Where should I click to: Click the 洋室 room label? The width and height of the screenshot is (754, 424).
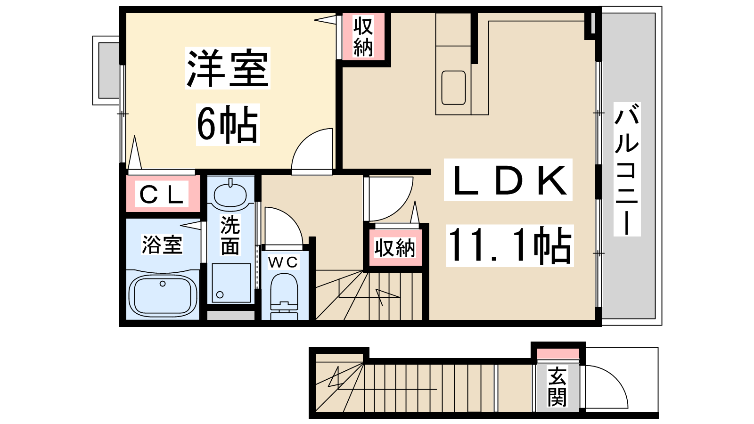228,68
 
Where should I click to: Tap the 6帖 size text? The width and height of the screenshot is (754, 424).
228,124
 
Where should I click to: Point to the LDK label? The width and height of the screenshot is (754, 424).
508,180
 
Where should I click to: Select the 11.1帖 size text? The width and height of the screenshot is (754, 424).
509,245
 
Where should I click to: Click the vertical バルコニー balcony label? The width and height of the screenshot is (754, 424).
627,169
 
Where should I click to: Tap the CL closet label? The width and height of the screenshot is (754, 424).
161,194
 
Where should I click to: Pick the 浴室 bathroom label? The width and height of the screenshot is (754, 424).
162,245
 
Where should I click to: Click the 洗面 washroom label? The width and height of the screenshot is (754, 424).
230,235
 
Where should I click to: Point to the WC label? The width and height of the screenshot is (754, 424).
283,262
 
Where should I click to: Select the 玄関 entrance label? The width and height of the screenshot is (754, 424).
557,387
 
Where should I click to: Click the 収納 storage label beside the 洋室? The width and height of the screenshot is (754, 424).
363,37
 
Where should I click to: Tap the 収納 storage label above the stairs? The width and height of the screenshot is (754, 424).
395,248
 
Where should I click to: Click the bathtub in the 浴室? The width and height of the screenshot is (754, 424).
163,295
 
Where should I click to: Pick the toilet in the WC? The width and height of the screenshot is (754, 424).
284,296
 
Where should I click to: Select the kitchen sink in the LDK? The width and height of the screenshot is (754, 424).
453,88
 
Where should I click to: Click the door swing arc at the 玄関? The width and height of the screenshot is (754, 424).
616,376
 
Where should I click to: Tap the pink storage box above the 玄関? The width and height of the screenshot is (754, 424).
558,354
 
